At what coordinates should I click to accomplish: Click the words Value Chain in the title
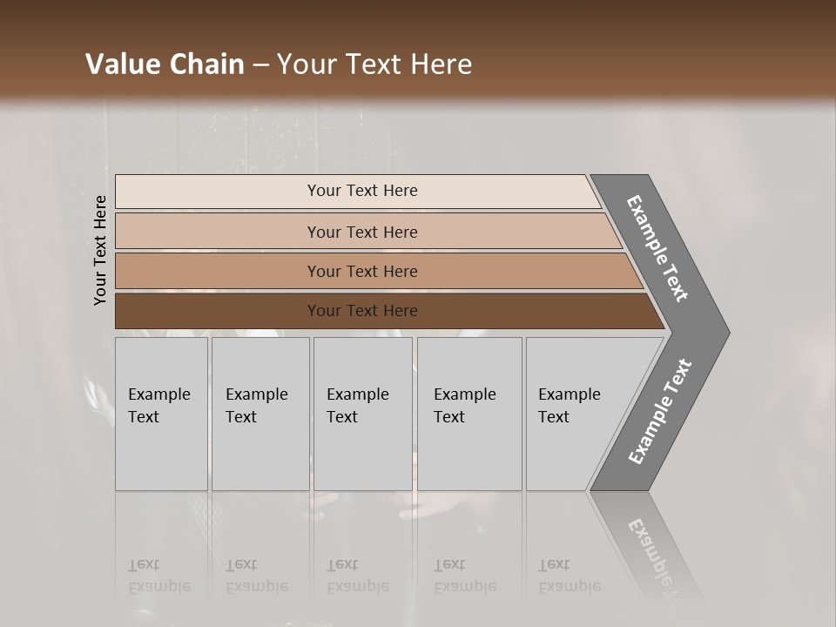[x=165, y=64]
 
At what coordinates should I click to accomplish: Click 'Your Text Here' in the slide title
[x=374, y=64]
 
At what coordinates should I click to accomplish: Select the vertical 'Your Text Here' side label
[x=100, y=250]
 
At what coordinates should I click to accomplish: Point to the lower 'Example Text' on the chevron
[x=660, y=411]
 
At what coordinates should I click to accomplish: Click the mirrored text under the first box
[x=158, y=576]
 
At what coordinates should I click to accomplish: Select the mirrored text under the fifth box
[x=569, y=576]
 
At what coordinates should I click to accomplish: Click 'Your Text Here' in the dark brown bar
[x=362, y=311]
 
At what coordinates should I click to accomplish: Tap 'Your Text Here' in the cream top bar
[x=362, y=191]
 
